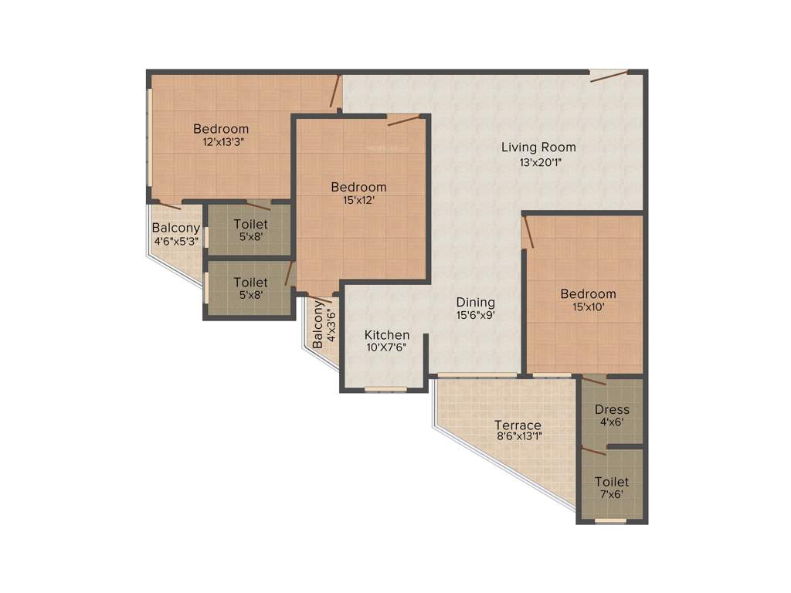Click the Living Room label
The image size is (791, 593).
click(x=538, y=147)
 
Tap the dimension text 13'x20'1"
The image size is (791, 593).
click(x=538, y=162)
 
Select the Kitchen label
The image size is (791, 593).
click(x=387, y=335)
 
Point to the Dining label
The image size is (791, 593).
click(x=475, y=302)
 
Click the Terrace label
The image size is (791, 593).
click(x=518, y=425)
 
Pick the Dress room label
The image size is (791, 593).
click(x=612, y=409)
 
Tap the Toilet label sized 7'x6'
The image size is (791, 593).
click(x=612, y=482)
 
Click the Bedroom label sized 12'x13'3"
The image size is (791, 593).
click(x=221, y=129)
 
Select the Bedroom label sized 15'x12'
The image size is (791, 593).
click(x=358, y=187)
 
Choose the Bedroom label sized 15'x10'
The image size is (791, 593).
click(x=588, y=293)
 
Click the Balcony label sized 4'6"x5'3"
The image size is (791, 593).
click(x=176, y=228)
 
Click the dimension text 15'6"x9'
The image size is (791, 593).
click(x=475, y=315)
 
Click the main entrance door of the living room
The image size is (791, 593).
click(x=608, y=74)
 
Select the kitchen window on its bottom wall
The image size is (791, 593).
click(x=385, y=388)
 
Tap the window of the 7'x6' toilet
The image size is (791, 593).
click(x=610, y=521)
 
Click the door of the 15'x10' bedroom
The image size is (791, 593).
click(x=527, y=232)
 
